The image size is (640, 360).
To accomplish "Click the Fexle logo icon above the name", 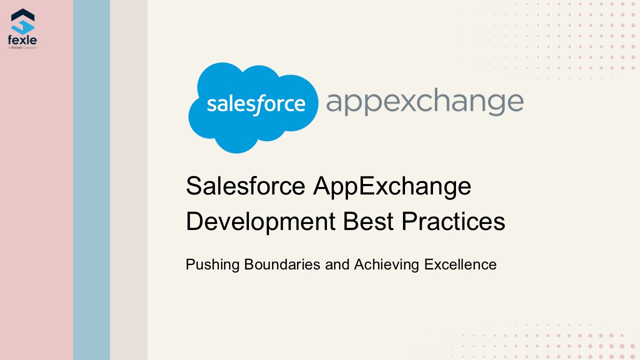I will (22, 21).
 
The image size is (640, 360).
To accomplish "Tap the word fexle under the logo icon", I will (22, 40).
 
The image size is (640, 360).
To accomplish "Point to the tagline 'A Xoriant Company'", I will (22, 47).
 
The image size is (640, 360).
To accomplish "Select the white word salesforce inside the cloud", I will (255, 104).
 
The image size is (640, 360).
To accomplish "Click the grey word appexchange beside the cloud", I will (424, 102).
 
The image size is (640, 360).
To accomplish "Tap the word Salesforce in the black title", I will (245, 186).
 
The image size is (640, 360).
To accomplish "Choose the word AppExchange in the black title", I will (392, 186).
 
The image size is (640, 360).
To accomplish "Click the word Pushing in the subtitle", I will (212, 264).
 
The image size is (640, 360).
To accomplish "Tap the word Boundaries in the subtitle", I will (282, 264).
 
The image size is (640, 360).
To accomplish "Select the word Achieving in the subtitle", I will (386, 264).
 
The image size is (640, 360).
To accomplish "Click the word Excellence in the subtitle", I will (460, 264).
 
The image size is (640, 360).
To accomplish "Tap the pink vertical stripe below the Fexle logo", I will (36, 200).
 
